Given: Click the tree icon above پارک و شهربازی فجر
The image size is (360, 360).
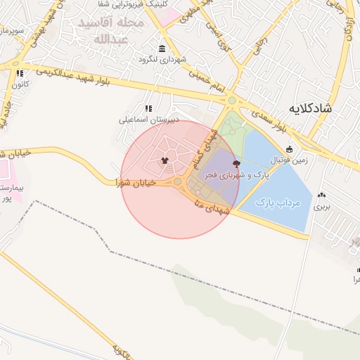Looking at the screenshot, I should pos(236,163).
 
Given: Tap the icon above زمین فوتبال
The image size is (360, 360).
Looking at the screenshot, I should pos(288,148).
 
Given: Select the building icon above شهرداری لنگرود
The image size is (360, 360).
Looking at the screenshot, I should pos(163,49).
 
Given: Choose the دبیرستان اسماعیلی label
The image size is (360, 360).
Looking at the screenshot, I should pos(148,120).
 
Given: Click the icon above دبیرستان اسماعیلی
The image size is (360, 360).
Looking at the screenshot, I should pos(148,108).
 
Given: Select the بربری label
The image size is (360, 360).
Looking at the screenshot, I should pos(321,207).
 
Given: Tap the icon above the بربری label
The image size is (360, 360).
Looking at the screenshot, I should pos(322,195).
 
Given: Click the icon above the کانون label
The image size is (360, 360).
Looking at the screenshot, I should pos(20,73).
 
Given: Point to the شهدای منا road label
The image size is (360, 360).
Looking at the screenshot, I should pos(208,205).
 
